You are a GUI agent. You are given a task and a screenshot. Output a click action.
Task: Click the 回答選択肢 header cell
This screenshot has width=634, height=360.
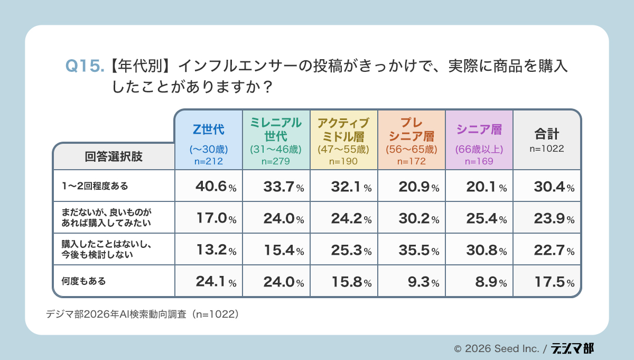click(114, 157)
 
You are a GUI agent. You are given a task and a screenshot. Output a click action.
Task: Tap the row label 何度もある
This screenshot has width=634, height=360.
click(84, 281)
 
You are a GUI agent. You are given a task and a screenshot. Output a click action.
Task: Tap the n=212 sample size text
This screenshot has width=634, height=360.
click(208, 161)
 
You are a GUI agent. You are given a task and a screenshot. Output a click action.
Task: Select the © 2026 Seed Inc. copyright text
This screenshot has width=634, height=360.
click(497, 349)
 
